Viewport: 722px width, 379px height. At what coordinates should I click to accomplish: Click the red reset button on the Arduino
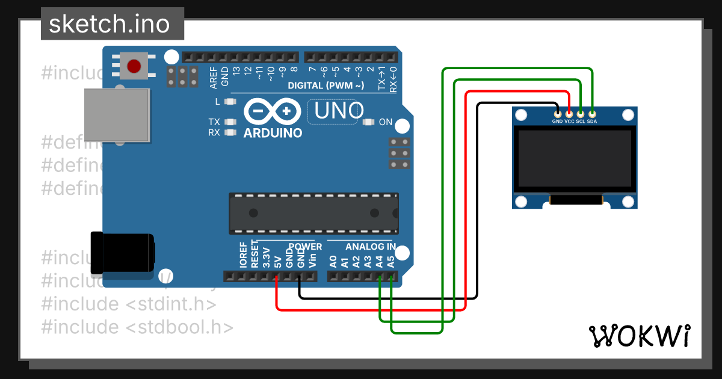134,65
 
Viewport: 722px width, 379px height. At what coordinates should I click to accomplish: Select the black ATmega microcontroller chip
313,213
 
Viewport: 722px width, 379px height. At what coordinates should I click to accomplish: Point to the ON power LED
369,123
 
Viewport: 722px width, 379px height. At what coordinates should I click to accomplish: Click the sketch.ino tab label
108,24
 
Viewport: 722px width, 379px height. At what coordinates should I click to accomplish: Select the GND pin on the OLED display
558,113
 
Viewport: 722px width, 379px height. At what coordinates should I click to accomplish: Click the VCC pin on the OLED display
569,113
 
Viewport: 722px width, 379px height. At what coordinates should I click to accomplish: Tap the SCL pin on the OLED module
581,113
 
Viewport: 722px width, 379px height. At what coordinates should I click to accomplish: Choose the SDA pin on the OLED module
592,113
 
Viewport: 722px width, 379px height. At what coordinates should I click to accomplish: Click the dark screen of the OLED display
575,158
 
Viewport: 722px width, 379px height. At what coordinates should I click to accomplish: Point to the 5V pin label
277,262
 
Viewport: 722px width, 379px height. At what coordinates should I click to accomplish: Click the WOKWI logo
639,336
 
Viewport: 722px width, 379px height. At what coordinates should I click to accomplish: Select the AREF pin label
213,78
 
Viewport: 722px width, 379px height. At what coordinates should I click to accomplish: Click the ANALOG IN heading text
370,247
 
